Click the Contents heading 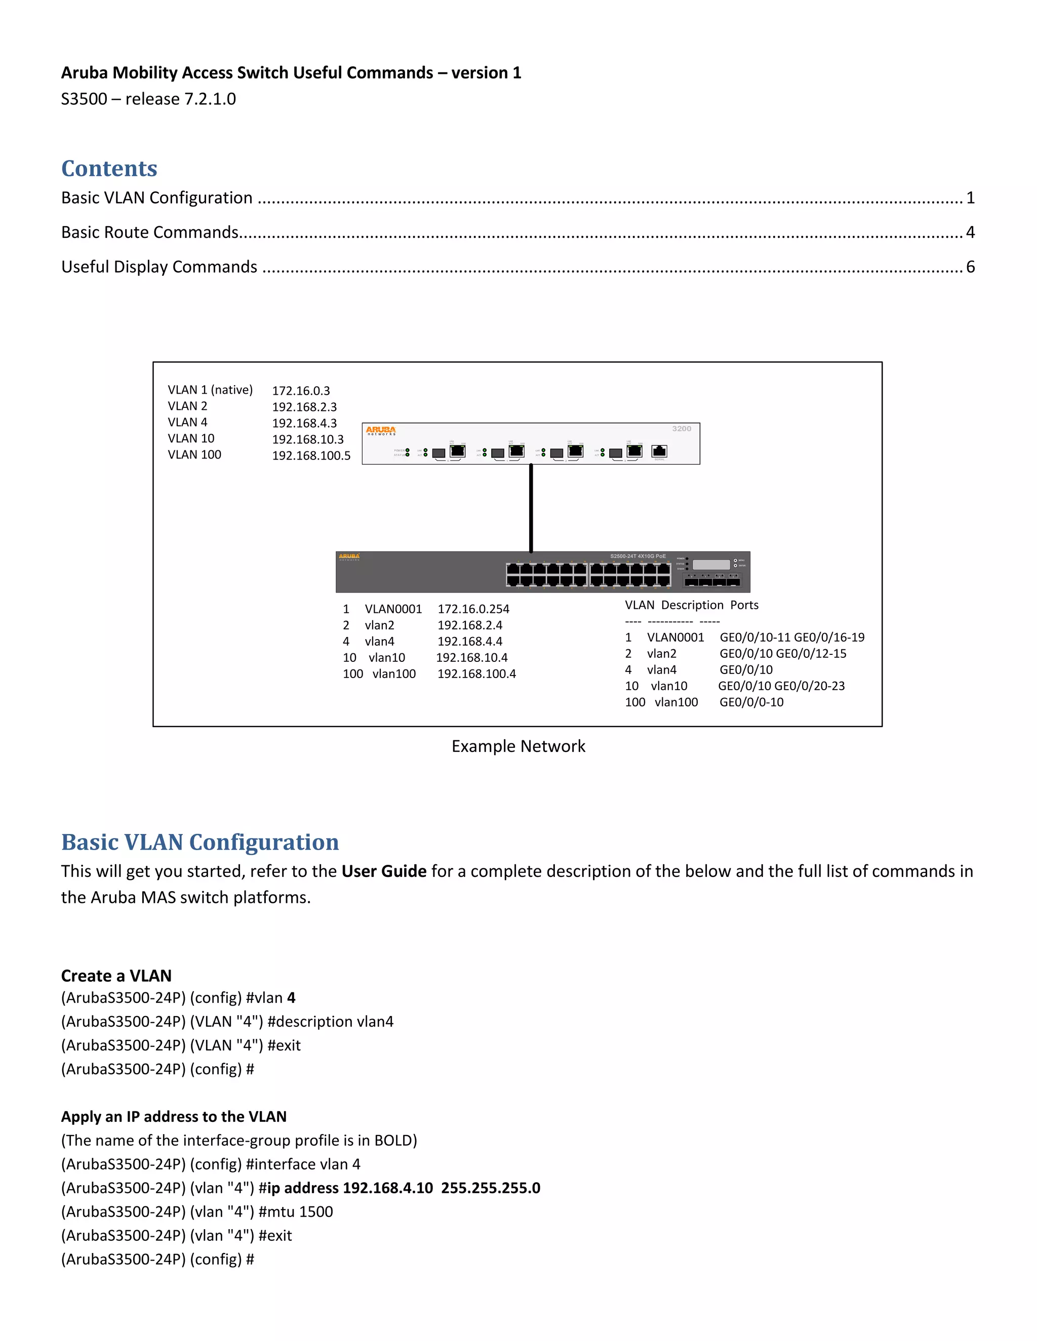point(109,168)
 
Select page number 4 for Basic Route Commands point(970,232)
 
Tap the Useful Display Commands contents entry point(159,267)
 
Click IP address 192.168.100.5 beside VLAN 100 point(311,455)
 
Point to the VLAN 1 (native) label point(210,390)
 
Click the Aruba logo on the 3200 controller point(381,431)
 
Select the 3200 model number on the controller point(682,429)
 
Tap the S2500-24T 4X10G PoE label point(637,556)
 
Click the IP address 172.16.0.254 point(473,609)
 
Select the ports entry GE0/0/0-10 point(751,702)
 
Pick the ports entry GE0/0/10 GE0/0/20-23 point(781,686)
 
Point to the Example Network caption point(518,746)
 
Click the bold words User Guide point(384,871)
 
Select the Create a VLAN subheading point(116,976)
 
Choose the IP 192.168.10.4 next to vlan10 point(472,658)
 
